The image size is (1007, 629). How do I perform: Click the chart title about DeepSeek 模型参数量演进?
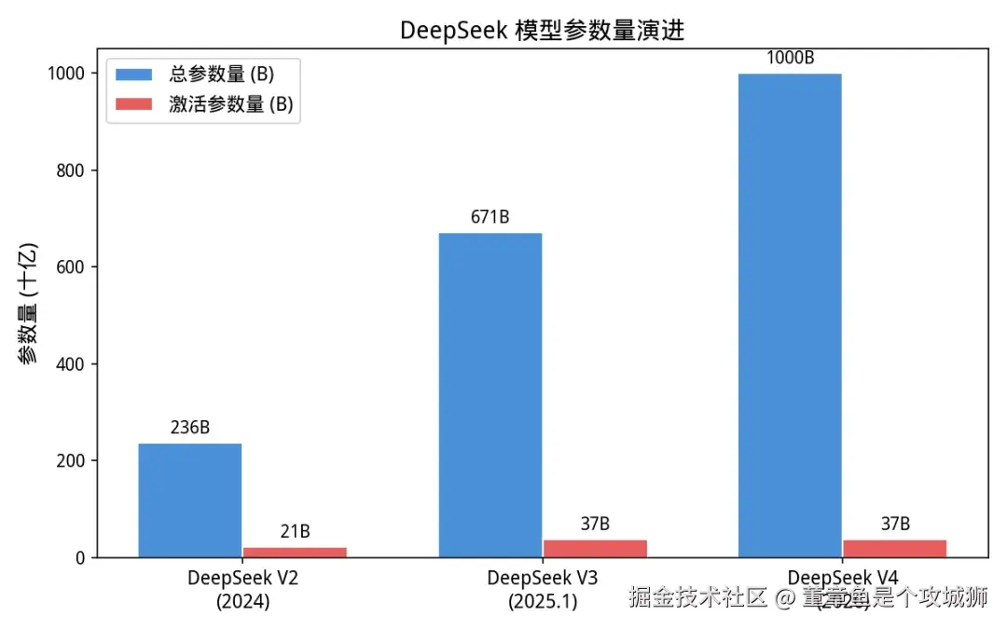542,30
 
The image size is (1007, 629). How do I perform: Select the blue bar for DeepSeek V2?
190,500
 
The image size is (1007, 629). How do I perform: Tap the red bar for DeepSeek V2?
295,552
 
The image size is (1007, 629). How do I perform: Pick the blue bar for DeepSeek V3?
490,395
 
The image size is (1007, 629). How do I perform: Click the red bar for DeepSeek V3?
595,548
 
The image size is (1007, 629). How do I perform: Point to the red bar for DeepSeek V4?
895,548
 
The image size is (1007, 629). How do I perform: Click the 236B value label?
190,428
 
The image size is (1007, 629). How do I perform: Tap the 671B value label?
490,217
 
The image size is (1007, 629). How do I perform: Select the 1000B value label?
790,58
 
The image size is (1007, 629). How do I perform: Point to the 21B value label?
295,532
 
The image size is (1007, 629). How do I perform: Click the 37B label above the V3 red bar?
595,524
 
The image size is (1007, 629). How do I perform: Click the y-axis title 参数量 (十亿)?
29,304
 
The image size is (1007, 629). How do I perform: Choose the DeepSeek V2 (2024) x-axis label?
243,589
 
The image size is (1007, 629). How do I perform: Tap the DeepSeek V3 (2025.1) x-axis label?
543,589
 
